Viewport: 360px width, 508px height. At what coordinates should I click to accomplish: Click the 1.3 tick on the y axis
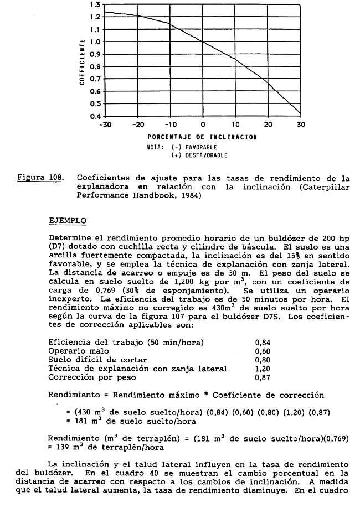click(x=95, y=4)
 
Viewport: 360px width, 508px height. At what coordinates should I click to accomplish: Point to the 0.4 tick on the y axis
click(x=95, y=117)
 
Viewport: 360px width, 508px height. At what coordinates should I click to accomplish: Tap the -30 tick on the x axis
click(x=105, y=125)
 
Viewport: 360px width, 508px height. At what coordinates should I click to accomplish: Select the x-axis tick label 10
click(x=235, y=125)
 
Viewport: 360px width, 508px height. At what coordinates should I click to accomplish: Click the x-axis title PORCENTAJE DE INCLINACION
click(x=202, y=137)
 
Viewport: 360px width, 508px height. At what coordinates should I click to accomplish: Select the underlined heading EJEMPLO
click(x=68, y=220)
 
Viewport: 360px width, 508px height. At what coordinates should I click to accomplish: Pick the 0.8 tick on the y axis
click(x=95, y=67)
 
